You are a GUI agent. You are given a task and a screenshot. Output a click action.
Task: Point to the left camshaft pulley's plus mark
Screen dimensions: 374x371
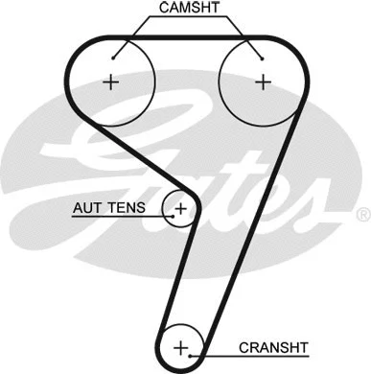pyautogui.click(x=111, y=82)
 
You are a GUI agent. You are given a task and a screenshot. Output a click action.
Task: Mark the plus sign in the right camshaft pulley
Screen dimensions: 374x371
pyautogui.click(x=262, y=82)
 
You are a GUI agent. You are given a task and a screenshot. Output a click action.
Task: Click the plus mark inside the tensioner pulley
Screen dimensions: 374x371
pyautogui.click(x=180, y=207)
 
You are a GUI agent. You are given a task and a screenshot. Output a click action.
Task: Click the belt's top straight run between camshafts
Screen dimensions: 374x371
pyautogui.click(x=187, y=37)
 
